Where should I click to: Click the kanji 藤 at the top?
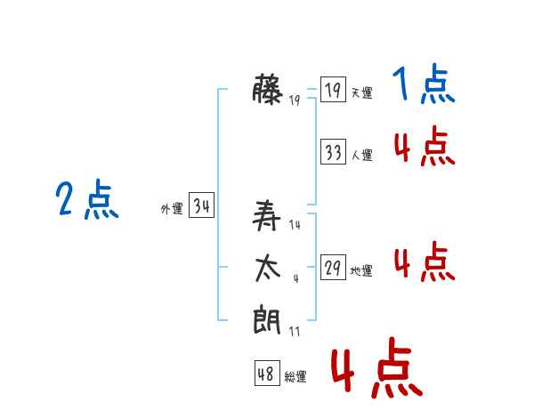tap(267, 89)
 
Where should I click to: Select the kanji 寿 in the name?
tap(267, 215)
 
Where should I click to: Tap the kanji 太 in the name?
tap(268, 269)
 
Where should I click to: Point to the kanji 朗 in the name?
tap(267, 319)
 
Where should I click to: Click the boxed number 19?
tap(333, 89)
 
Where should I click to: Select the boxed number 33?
tap(333, 151)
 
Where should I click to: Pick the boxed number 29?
tap(333, 267)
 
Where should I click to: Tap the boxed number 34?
tap(202, 205)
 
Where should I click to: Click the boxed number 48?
tap(267, 373)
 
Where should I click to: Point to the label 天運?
tap(362, 92)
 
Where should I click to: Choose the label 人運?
tap(362, 156)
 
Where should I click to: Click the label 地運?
tap(361, 271)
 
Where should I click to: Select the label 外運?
tap(172, 209)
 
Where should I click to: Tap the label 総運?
tap(295, 377)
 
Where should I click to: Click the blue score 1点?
tap(424, 84)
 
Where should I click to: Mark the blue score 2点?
tap(87, 199)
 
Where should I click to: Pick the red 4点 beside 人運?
tap(425, 146)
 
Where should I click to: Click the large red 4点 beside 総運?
tap(377, 367)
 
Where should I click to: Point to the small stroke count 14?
tap(295, 225)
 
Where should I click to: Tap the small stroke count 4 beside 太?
tap(296, 278)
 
